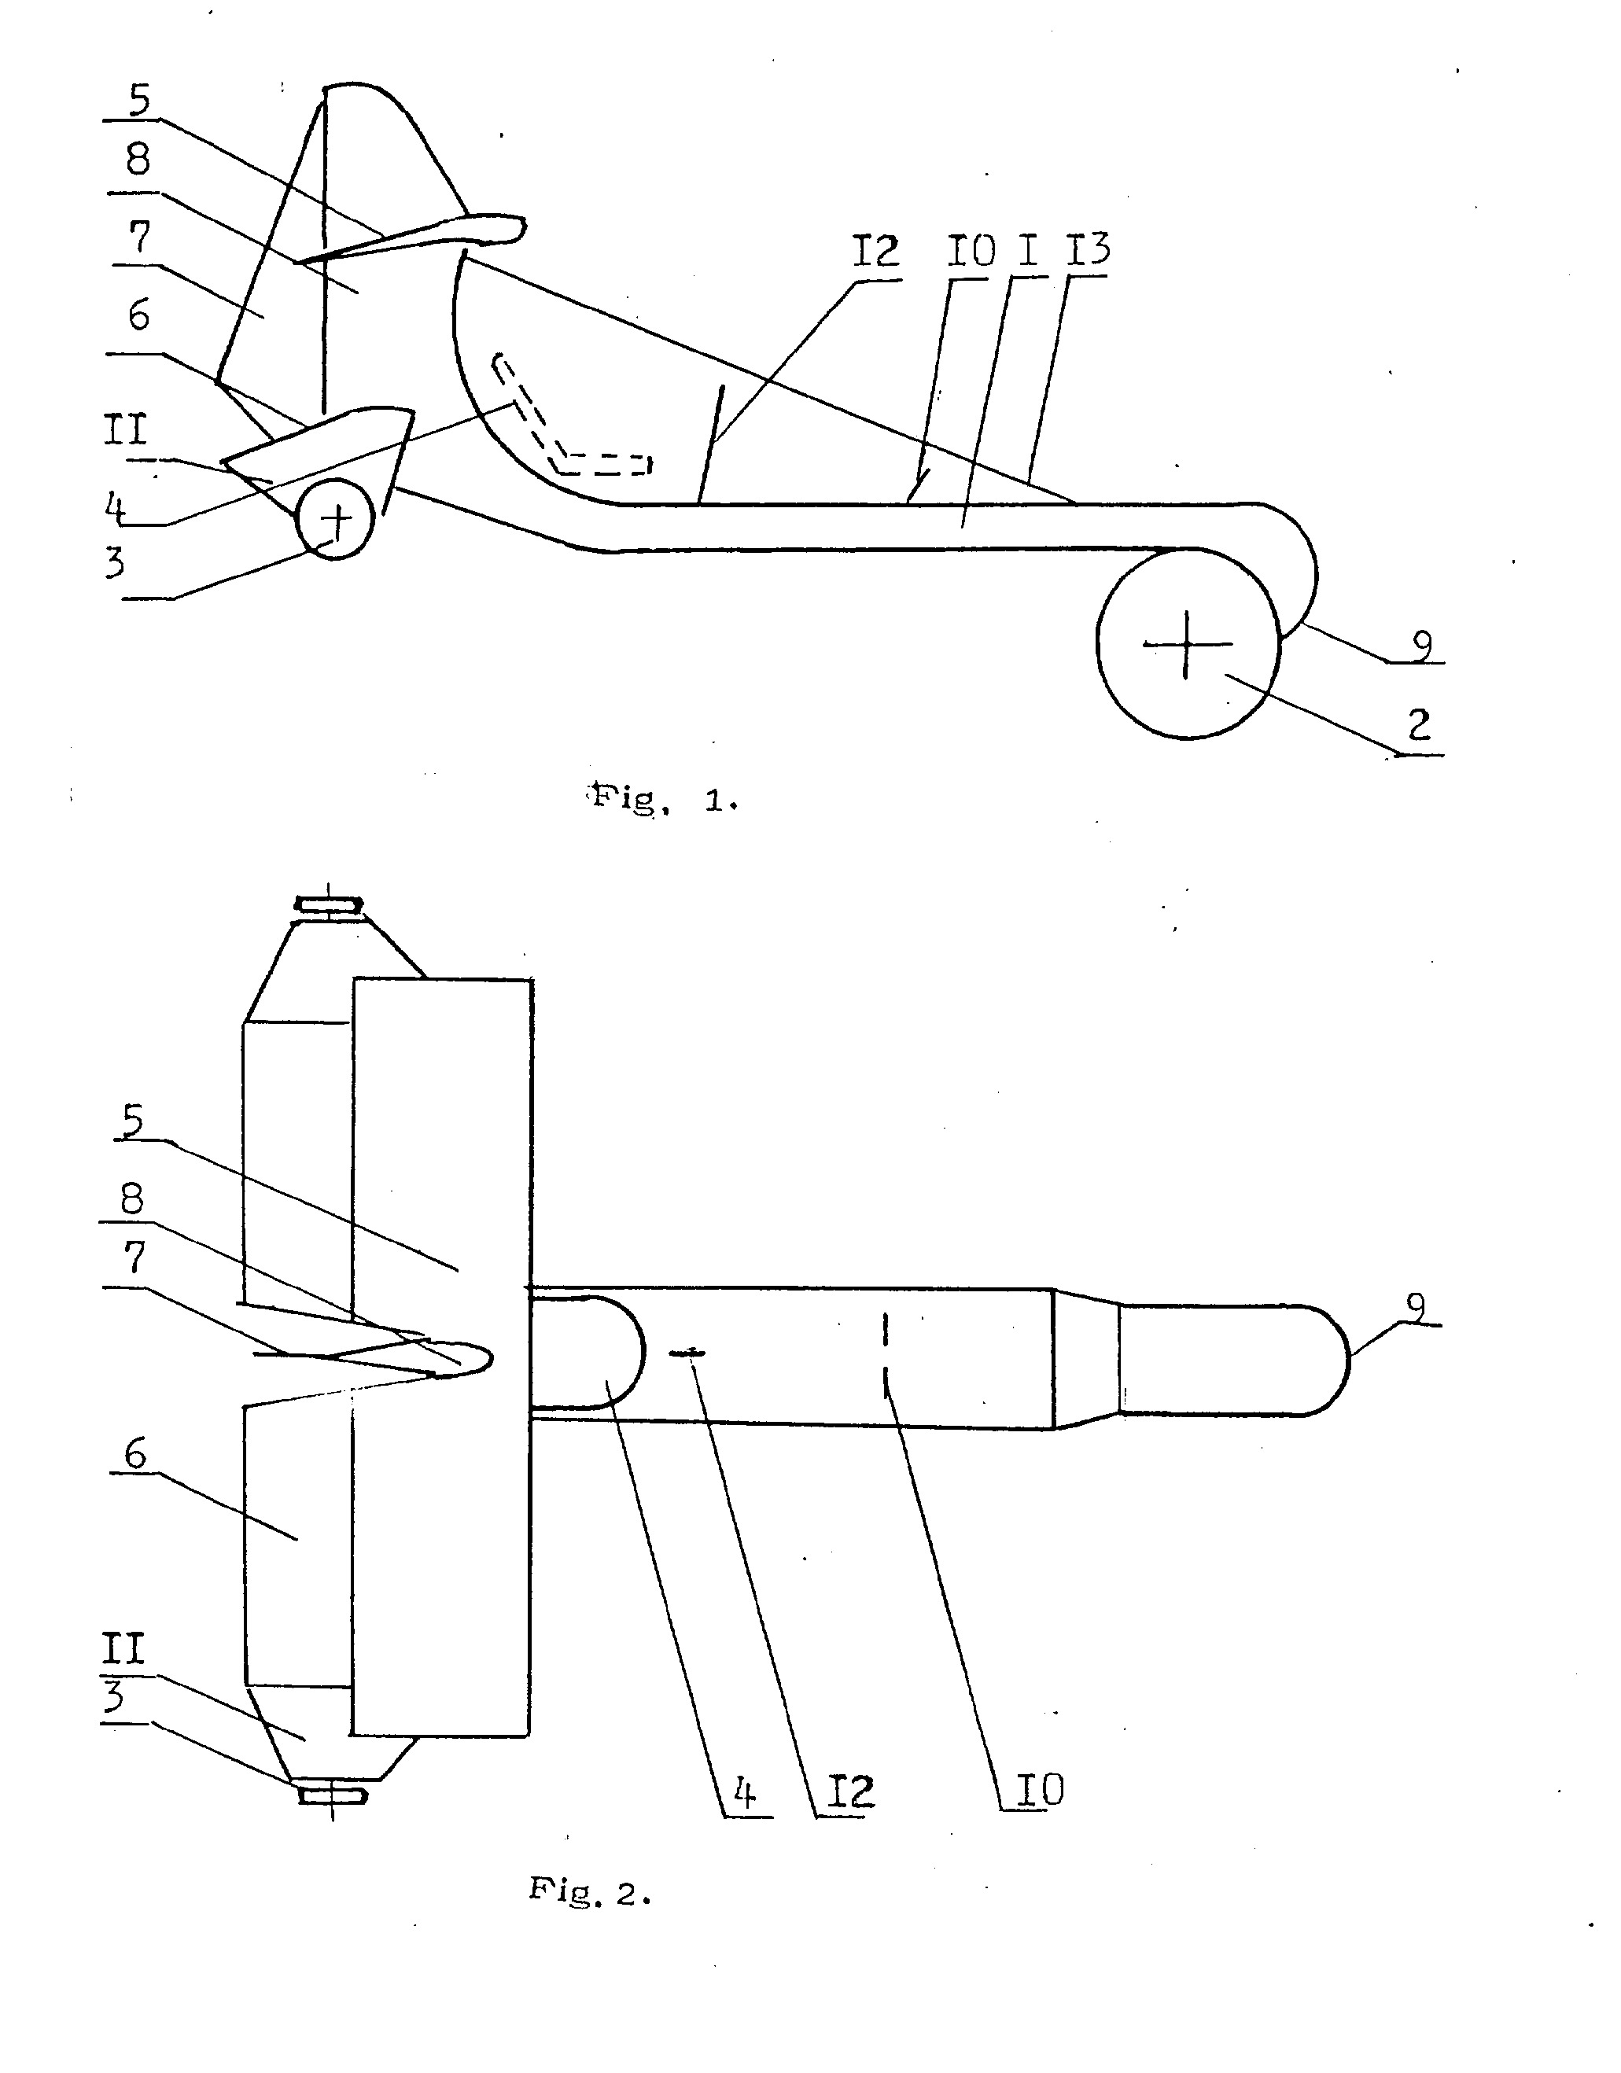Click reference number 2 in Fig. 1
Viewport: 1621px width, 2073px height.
click(x=1419, y=726)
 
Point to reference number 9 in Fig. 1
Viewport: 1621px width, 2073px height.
click(x=1420, y=646)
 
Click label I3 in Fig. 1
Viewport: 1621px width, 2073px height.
click(x=1088, y=249)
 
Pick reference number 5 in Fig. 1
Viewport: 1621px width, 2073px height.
click(x=139, y=100)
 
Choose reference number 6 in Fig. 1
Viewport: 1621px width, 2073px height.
click(x=138, y=315)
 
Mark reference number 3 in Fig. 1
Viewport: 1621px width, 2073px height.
click(x=115, y=562)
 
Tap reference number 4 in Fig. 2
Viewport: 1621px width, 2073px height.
click(x=745, y=1793)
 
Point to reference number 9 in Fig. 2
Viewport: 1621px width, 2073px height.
click(x=1415, y=1307)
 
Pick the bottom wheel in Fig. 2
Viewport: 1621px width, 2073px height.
click(x=332, y=1795)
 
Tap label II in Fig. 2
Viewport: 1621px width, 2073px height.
click(x=124, y=1650)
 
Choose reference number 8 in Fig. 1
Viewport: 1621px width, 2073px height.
click(x=138, y=159)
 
